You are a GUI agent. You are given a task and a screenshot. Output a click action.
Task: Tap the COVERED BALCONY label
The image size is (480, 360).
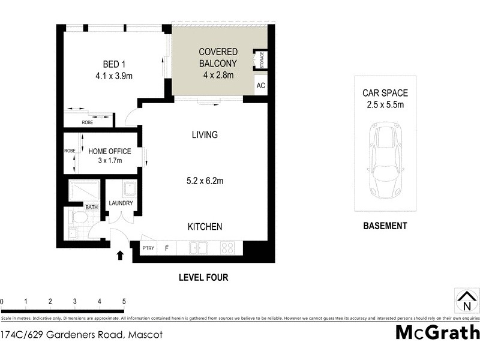pos(218,58)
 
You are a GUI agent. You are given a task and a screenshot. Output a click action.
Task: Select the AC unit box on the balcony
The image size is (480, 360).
pos(260,85)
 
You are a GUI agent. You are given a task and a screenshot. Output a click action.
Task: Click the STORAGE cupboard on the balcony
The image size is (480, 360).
pos(262,60)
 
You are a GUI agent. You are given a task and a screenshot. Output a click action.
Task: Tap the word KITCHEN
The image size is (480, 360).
pos(205,227)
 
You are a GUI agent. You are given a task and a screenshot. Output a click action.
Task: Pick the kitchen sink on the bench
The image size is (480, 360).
pos(197,247)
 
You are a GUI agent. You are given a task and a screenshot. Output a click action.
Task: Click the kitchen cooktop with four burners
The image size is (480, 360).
pos(227,247)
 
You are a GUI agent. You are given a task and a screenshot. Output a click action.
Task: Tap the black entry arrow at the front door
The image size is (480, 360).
pos(120,255)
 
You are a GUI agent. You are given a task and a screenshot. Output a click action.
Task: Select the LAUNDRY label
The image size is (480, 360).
pos(121,203)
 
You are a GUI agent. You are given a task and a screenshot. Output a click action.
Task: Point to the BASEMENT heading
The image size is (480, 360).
pos(385,226)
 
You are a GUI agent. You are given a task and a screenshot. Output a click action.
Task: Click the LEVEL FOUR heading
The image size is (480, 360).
pos(203,277)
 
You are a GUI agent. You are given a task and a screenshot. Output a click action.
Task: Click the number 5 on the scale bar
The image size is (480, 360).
pos(124,302)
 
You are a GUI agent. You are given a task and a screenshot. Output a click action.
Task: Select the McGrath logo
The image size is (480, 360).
pos(437,332)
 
